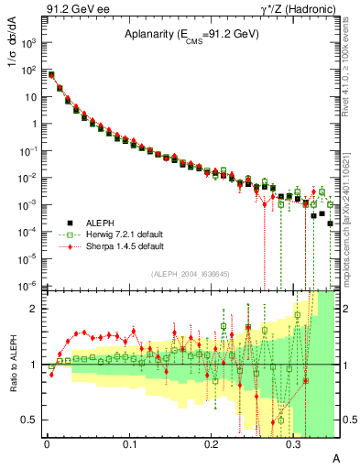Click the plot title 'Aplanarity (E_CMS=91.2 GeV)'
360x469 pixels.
coord(191,35)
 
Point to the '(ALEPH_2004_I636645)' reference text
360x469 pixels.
coord(189,273)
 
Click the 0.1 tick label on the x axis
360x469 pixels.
coord(129,442)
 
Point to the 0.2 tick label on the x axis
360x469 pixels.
coord(212,442)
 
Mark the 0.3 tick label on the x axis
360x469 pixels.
coord(293,442)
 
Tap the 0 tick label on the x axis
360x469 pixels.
coord(47,442)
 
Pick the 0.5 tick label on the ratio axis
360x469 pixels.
coord(31,420)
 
